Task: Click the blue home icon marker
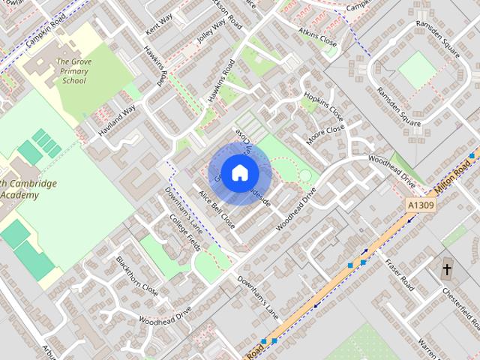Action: click(239, 172)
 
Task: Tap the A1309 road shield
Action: click(421, 204)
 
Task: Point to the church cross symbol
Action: click(447, 268)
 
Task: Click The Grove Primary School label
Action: click(74, 71)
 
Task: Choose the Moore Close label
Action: click(325, 134)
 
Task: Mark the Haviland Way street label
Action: click(117, 120)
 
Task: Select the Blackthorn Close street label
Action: click(136, 275)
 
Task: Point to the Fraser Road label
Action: click(398, 274)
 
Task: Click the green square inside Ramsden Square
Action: click(417, 70)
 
